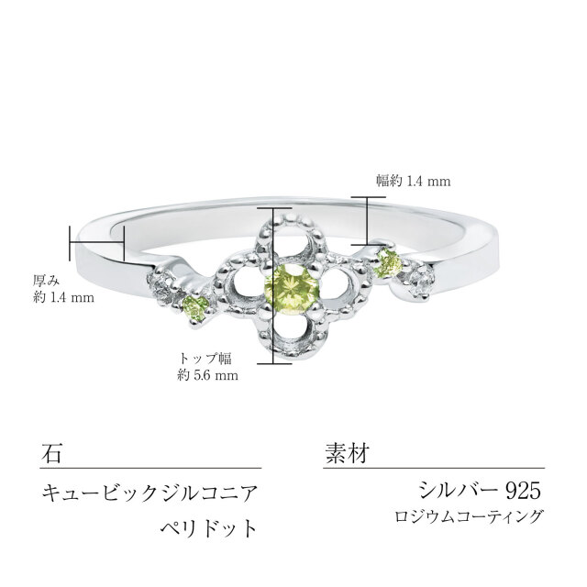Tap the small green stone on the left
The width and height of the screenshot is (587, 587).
coord(194,309)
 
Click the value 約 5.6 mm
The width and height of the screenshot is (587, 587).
coord(208,374)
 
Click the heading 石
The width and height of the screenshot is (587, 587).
coord(52,452)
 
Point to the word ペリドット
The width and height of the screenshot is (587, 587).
coord(205,529)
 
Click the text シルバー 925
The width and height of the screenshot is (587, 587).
coord(472,489)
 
